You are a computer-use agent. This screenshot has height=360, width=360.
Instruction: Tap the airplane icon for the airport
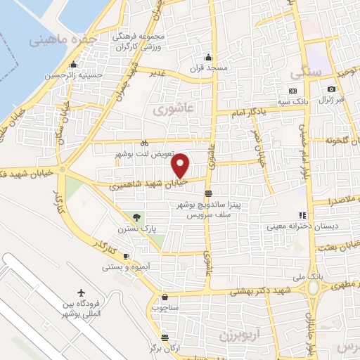pos(81,292)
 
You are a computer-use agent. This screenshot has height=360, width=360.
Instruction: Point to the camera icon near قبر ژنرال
pos(331,89)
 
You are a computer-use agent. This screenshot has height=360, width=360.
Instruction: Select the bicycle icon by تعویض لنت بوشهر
pos(144,141)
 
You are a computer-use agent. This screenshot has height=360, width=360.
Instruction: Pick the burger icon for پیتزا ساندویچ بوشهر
pos(208,193)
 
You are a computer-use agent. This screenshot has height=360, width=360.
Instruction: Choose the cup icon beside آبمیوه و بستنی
pos(127,256)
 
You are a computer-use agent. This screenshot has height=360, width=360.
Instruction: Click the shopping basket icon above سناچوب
pos(165,297)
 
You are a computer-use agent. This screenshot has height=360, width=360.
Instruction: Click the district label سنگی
pos(309,72)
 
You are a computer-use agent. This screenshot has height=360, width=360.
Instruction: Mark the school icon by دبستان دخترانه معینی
pos(302,215)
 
